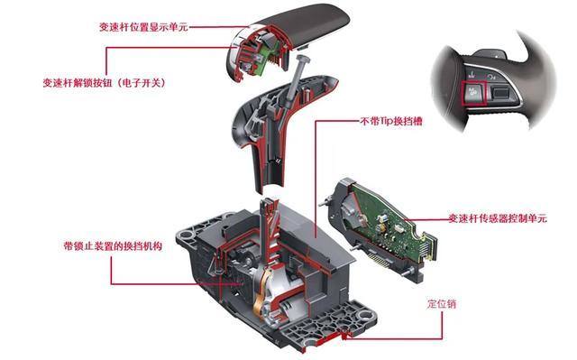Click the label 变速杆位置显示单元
[143, 27]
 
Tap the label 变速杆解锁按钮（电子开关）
[105, 82]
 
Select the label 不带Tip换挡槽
[391, 121]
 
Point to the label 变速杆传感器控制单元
[498, 218]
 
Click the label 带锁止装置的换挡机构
[113, 246]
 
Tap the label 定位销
[442, 304]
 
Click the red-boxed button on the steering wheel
[474, 93]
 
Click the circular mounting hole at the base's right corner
[364, 315]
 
